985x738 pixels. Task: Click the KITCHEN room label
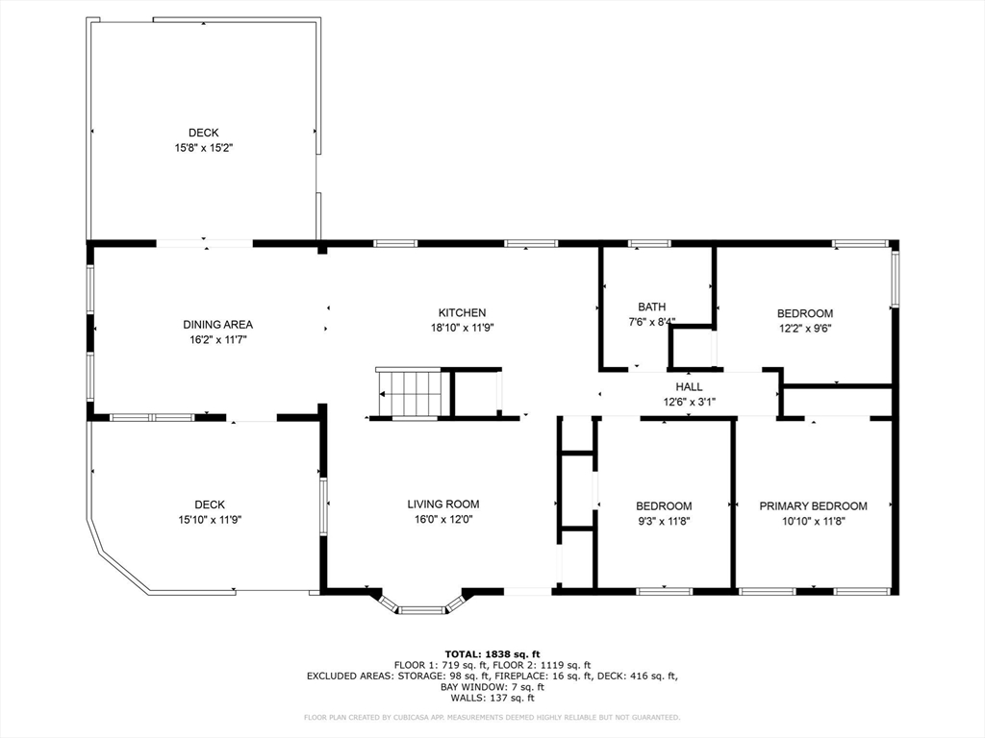point(462,312)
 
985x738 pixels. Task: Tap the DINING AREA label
point(218,325)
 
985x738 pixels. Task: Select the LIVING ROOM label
point(442,504)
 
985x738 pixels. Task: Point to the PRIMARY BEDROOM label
point(813,505)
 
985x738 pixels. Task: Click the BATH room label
point(651,307)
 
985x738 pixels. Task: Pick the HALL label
point(689,386)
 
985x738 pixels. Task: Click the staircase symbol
point(414,393)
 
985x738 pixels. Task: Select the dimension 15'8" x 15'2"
point(204,148)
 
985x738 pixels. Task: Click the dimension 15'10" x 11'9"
point(210,520)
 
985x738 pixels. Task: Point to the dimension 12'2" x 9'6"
point(805,329)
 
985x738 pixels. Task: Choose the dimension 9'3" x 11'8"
point(664,521)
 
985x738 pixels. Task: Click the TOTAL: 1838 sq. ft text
point(492,654)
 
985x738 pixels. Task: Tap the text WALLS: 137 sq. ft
point(492,698)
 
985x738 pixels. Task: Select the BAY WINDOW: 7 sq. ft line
point(492,687)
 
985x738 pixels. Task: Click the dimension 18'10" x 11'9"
point(463,328)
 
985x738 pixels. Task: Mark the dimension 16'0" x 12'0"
point(442,520)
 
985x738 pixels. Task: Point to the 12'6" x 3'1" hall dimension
point(689,403)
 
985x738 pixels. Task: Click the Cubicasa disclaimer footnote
point(492,717)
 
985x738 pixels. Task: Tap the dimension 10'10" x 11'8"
point(814,521)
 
